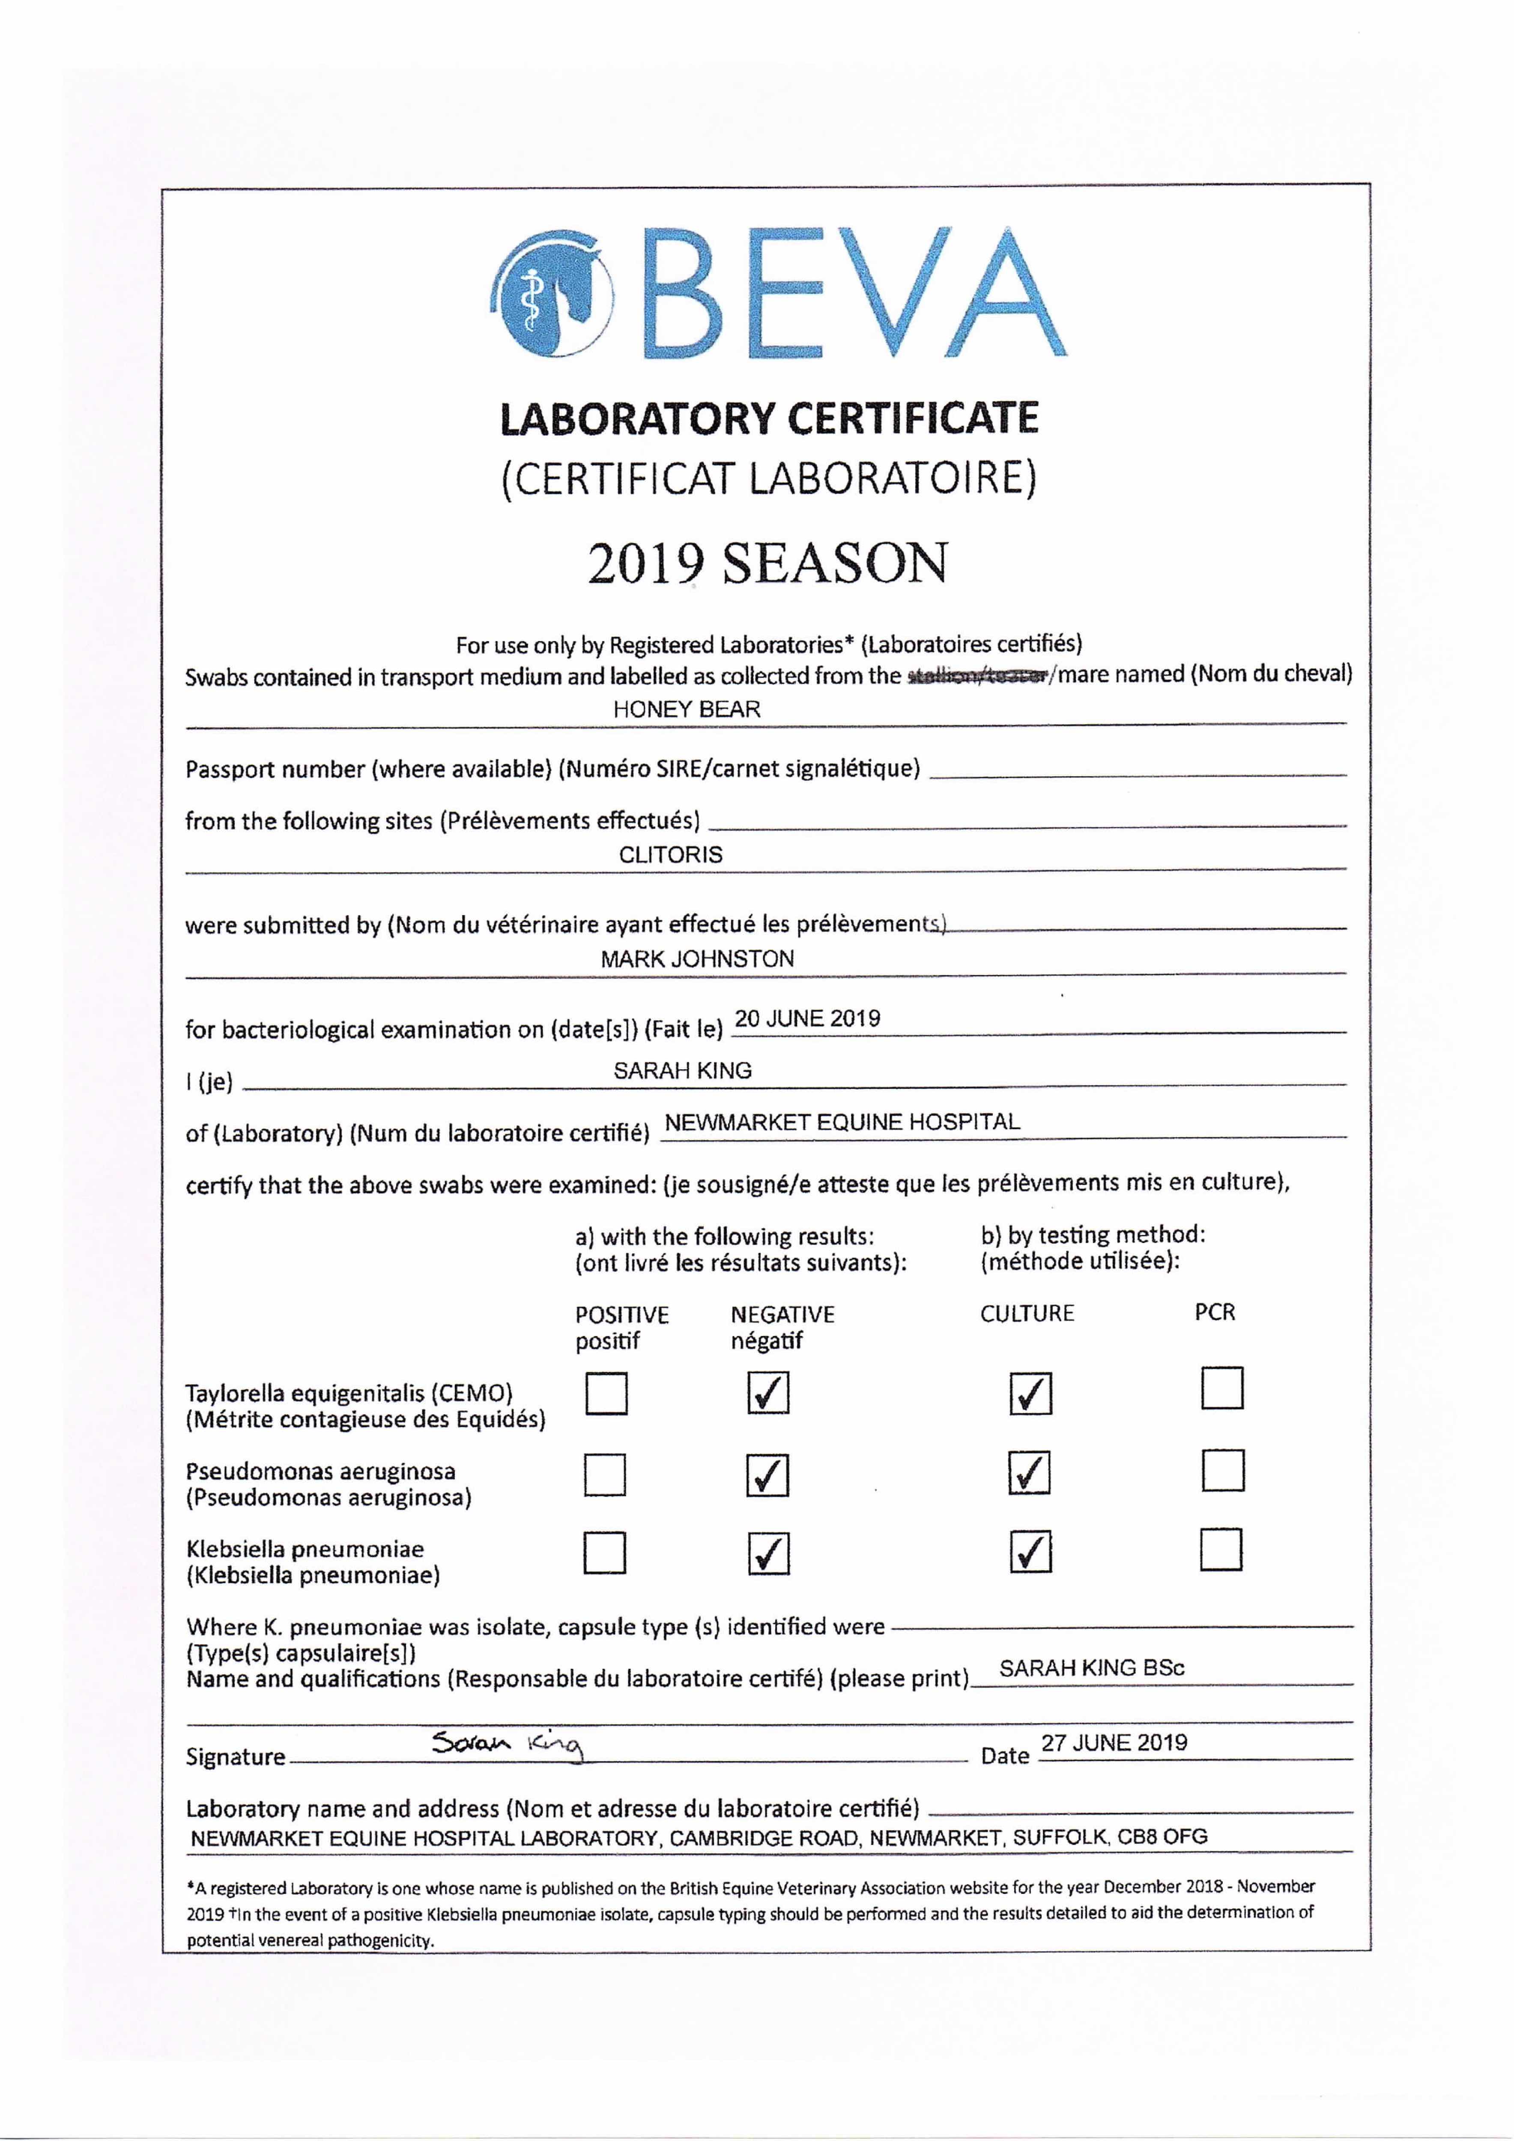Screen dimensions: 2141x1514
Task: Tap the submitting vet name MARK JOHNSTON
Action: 697,959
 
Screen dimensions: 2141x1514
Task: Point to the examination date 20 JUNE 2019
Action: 808,1018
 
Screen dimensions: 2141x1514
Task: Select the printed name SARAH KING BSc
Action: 1091,1668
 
